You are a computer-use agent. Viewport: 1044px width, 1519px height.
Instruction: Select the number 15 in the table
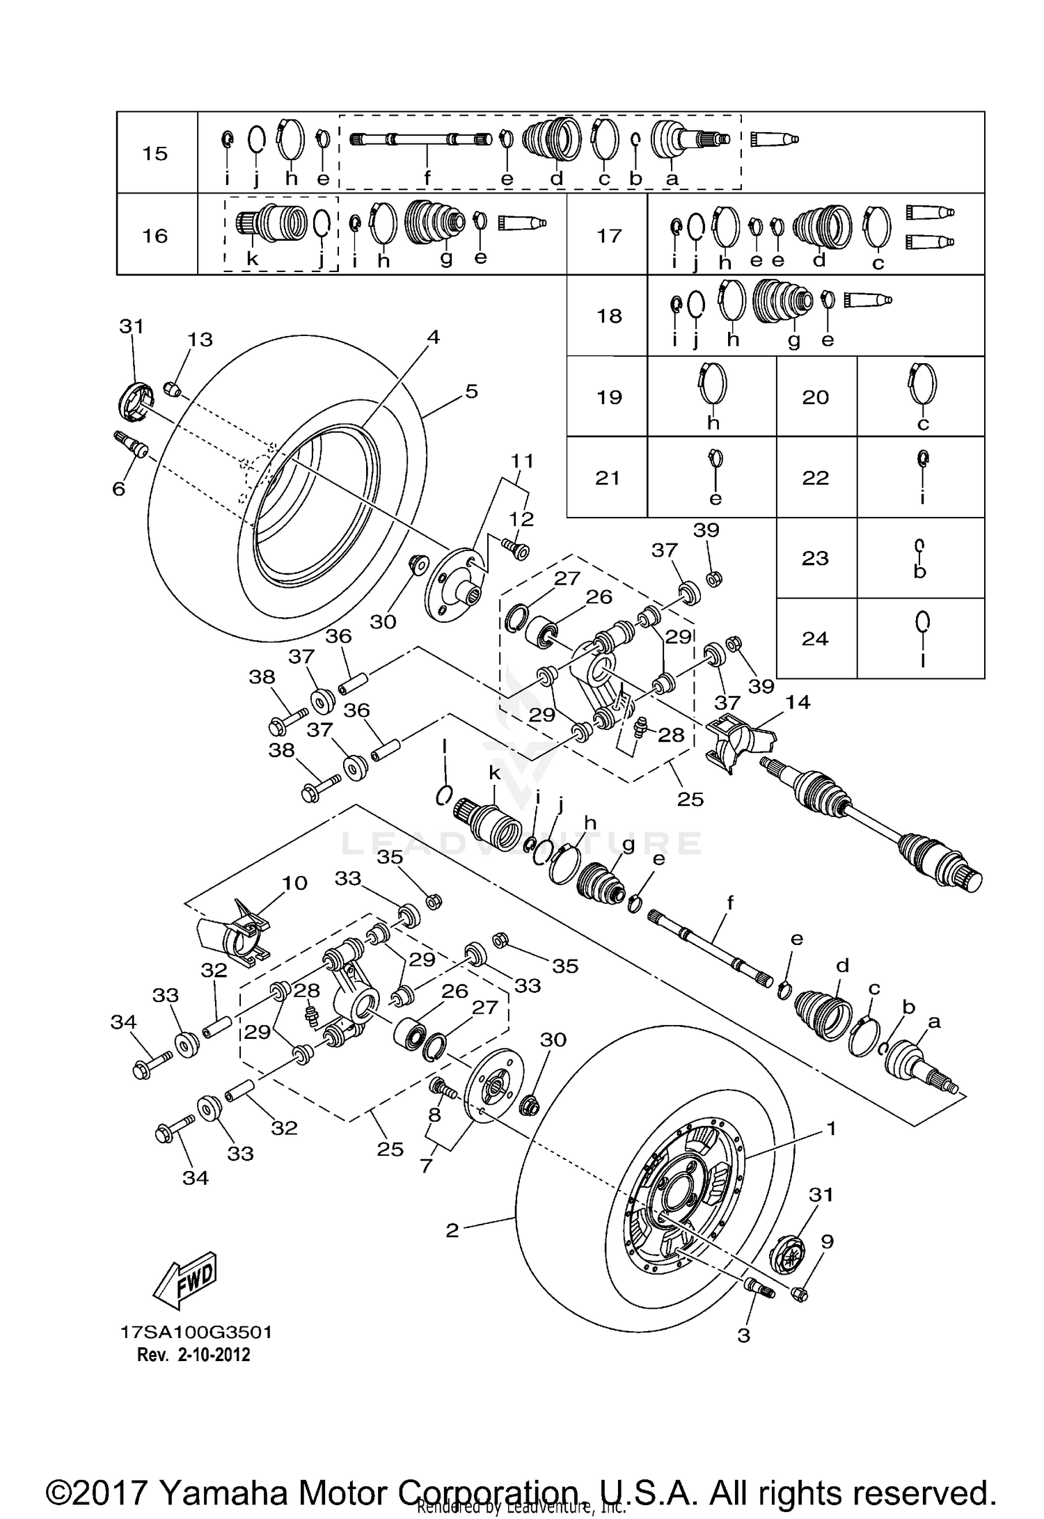[x=155, y=153]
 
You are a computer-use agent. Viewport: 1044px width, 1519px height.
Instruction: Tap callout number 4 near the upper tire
[x=433, y=337]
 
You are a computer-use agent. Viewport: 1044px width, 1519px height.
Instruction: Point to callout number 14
[x=798, y=702]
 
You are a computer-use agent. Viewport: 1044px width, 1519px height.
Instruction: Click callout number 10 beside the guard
[x=294, y=883]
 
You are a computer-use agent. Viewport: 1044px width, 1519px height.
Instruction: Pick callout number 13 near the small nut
[x=200, y=340]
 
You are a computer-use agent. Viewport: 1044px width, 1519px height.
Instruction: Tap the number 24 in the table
[x=815, y=638]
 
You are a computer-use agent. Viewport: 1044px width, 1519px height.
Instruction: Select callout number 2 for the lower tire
[x=452, y=1231]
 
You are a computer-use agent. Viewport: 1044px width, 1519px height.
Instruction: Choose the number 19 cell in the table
[x=609, y=397]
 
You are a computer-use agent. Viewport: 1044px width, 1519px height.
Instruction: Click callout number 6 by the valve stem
[x=119, y=489]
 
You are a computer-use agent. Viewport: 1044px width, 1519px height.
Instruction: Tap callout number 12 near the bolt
[x=521, y=519]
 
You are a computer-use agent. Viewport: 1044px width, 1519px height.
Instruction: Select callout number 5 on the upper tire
[x=471, y=391]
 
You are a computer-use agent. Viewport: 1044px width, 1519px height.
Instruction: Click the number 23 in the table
[x=815, y=558]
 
